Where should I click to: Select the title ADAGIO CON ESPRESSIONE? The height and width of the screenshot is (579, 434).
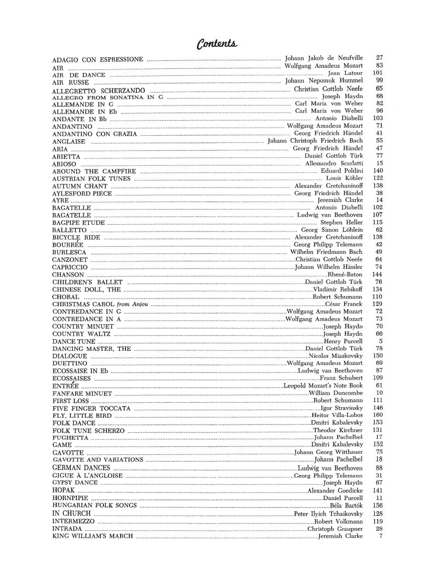click(x=97, y=59)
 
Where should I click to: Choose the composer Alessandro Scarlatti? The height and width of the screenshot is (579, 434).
click(x=334, y=164)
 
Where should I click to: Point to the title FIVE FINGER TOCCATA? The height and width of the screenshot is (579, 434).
click(x=91, y=408)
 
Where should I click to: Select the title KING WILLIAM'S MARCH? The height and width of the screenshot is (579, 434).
click(x=92, y=536)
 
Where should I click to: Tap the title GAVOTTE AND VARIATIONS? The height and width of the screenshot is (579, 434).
click(x=97, y=459)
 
